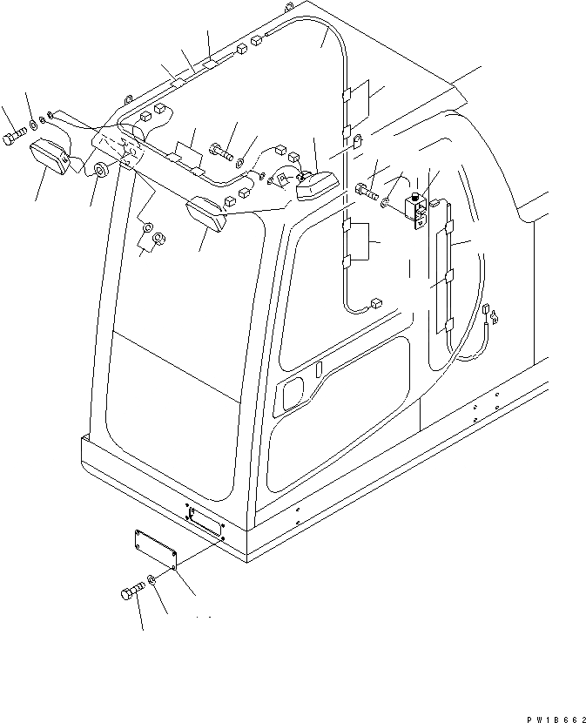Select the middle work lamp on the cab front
[205, 213]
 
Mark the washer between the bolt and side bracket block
[385, 203]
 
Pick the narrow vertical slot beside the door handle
[319, 369]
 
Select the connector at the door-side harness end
[376, 304]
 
